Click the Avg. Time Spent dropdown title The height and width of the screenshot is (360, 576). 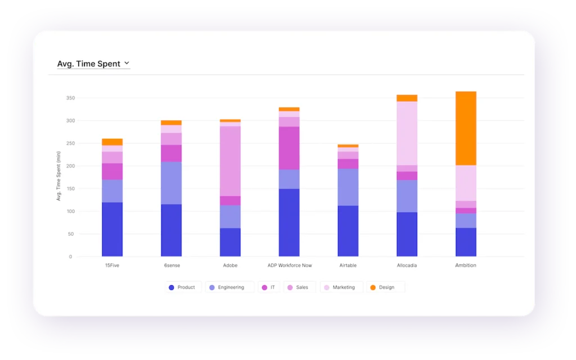tap(89, 64)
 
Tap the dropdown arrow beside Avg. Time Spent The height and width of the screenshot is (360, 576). tap(127, 64)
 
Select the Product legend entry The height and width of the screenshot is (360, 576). tap(181, 287)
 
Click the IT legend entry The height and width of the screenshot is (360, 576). tap(268, 287)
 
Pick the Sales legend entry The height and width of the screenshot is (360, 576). tap(298, 287)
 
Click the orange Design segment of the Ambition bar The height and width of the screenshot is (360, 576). tap(466, 128)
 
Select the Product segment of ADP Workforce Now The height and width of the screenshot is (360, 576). tap(289, 223)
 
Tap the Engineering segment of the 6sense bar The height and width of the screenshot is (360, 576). tap(172, 183)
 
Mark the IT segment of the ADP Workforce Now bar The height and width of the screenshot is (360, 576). tap(289, 148)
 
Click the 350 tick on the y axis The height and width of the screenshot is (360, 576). tap(70, 98)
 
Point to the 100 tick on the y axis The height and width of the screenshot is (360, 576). tap(70, 211)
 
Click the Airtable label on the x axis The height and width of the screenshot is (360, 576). tap(348, 265)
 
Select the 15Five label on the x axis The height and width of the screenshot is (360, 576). tap(112, 265)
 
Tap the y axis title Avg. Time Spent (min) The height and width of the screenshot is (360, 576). tap(58, 176)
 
